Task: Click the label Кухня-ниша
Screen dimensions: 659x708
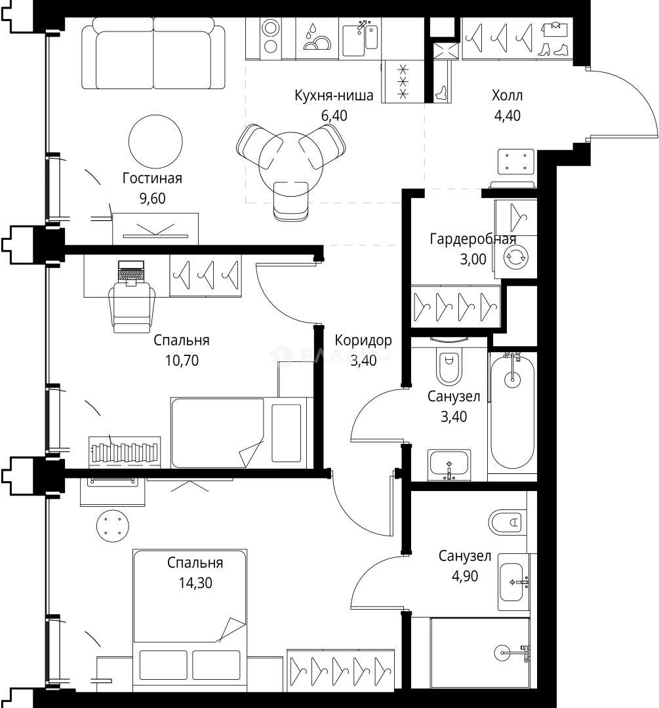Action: point(334,96)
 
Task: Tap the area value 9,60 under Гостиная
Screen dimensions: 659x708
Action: point(153,199)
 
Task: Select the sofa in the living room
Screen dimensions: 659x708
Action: point(153,53)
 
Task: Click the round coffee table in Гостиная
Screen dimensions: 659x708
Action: point(155,142)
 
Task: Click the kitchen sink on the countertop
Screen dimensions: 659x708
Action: point(360,38)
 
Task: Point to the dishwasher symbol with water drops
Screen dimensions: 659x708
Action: point(317,39)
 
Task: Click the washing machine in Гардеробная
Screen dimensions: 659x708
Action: point(516,257)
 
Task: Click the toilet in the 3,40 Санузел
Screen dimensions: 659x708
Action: point(449,361)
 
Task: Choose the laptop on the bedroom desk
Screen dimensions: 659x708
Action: point(131,273)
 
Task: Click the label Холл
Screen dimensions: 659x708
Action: point(508,96)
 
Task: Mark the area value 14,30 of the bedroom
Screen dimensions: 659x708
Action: point(195,583)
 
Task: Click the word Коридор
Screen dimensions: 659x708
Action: point(363,341)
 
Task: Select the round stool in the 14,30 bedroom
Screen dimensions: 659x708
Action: point(113,526)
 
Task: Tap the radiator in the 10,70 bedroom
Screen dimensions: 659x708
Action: point(125,450)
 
